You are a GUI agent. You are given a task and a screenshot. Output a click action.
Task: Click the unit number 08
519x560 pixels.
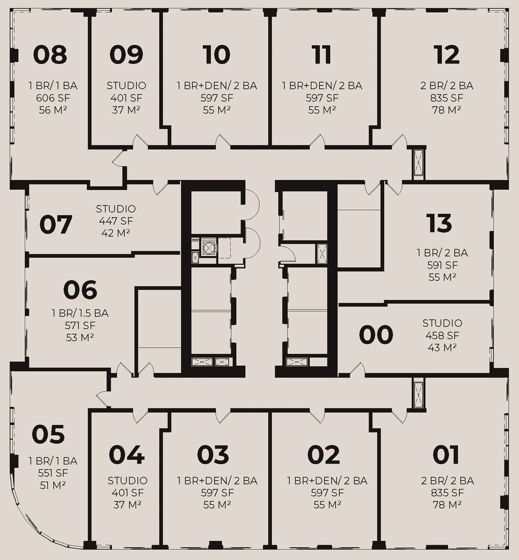click(x=50, y=55)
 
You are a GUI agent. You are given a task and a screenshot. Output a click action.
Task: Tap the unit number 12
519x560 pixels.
click(x=446, y=55)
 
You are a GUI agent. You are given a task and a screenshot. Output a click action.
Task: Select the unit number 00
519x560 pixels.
click(x=376, y=335)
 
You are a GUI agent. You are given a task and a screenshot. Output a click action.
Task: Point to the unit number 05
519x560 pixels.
click(x=48, y=434)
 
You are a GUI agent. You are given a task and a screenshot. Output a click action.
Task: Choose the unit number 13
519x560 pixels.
click(x=439, y=223)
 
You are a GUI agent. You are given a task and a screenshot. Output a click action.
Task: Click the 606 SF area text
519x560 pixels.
click(x=53, y=98)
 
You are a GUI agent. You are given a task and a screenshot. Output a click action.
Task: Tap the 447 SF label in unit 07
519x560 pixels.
click(x=116, y=221)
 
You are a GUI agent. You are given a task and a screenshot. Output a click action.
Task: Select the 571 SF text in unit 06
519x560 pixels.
click(x=80, y=325)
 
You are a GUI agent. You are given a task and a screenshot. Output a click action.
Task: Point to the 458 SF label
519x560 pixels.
click(x=442, y=335)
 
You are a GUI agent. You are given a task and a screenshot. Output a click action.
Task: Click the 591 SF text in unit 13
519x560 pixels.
click(x=442, y=265)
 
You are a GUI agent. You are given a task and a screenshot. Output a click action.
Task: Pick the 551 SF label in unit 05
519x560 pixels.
click(x=53, y=473)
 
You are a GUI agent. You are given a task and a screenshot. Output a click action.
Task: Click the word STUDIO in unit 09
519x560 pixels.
click(x=126, y=86)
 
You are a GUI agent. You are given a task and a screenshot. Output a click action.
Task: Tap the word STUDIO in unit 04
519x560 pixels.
click(x=127, y=481)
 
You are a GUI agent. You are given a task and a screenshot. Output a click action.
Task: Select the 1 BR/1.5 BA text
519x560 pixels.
click(x=80, y=313)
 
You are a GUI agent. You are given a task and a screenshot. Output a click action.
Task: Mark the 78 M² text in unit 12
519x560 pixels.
click(x=446, y=110)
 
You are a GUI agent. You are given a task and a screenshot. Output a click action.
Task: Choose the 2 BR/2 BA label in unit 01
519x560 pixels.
click(x=447, y=481)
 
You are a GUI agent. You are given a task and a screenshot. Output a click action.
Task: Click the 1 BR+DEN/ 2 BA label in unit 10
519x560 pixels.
click(x=217, y=86)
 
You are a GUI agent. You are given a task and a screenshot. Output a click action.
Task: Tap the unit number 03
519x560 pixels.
click(x=213, y=454)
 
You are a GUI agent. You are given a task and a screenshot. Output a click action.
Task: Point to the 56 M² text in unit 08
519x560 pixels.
click(x=53, y=110)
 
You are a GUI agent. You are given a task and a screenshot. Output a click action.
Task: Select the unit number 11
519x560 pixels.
click(x=322, y=55)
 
